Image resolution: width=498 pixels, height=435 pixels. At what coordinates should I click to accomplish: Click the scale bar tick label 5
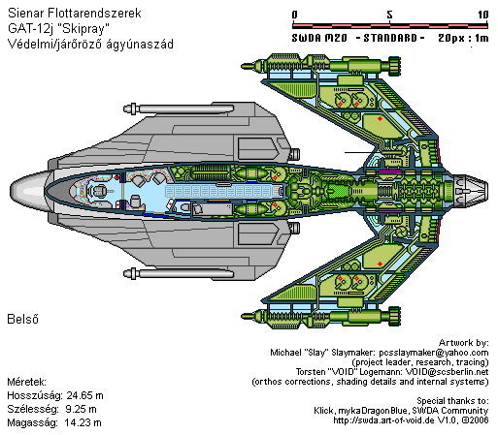pos(389,15)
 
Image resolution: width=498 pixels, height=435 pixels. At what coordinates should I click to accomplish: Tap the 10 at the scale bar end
pos(483,15)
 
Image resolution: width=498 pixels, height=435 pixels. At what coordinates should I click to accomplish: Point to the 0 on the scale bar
pos(294,15)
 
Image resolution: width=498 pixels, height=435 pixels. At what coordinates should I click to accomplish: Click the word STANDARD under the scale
pos(390,38)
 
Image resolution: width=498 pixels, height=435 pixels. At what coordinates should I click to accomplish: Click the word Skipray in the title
pos(83,28)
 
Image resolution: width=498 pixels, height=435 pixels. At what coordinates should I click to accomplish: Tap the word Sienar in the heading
pos(26,13)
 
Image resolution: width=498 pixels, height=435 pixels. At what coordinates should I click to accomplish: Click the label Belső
pos(22,319)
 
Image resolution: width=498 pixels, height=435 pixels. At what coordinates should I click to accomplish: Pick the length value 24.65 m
pos(84,395)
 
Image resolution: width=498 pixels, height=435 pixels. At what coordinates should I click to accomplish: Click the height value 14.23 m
pos(83,422)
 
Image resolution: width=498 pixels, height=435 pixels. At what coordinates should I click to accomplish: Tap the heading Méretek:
pos(27,382)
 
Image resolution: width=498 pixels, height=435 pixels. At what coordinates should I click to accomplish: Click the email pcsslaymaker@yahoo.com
pos(434,353)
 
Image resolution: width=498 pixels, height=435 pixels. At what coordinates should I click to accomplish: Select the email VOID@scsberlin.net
pos(447,372)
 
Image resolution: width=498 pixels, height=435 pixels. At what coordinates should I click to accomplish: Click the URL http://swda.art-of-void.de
pos(384,420)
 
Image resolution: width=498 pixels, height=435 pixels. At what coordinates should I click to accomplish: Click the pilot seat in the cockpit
pos(99,191)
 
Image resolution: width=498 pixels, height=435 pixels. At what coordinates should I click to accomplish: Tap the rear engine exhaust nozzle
pos(470,191)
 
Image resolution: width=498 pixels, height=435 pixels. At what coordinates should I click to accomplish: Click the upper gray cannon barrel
pos(179,109)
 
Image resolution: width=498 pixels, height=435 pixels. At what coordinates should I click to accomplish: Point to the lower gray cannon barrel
pos(179,273)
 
